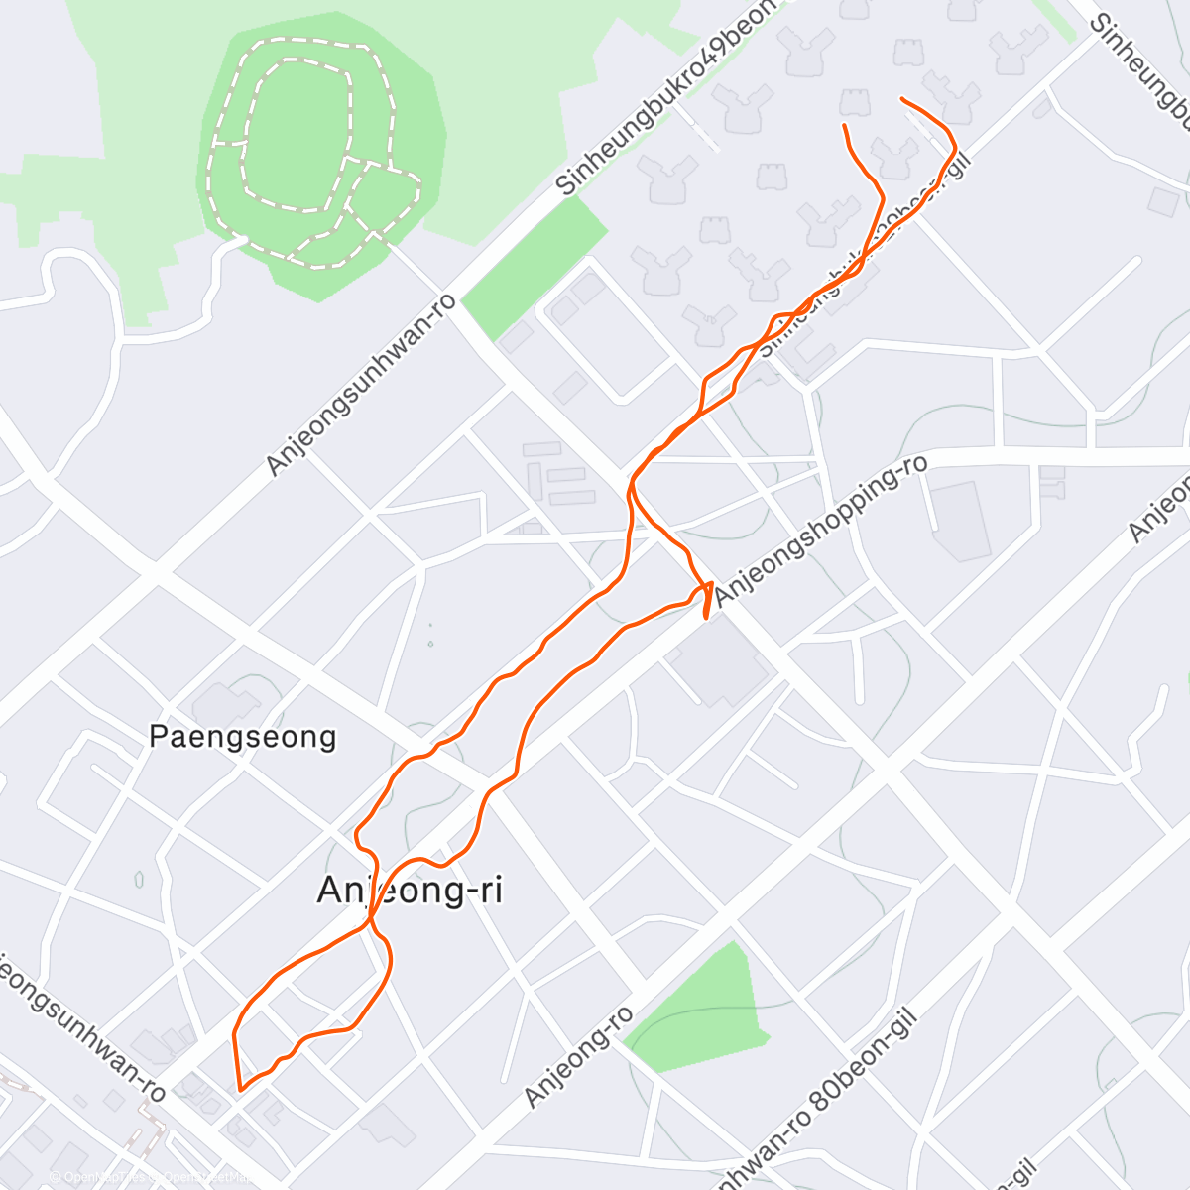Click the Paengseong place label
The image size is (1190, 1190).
[243, 737]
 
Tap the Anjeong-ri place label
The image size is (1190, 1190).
[410, 890]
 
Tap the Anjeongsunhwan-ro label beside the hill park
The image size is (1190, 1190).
[362, 383]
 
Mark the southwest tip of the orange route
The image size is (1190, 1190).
[240, 1089]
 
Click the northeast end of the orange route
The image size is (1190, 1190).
[901, 99]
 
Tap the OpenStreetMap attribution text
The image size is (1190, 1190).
[149, 1177]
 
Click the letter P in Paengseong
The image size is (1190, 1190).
[157, 737]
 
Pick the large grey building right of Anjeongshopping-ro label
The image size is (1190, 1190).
[960, 521]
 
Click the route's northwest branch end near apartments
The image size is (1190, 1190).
[844, 126]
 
